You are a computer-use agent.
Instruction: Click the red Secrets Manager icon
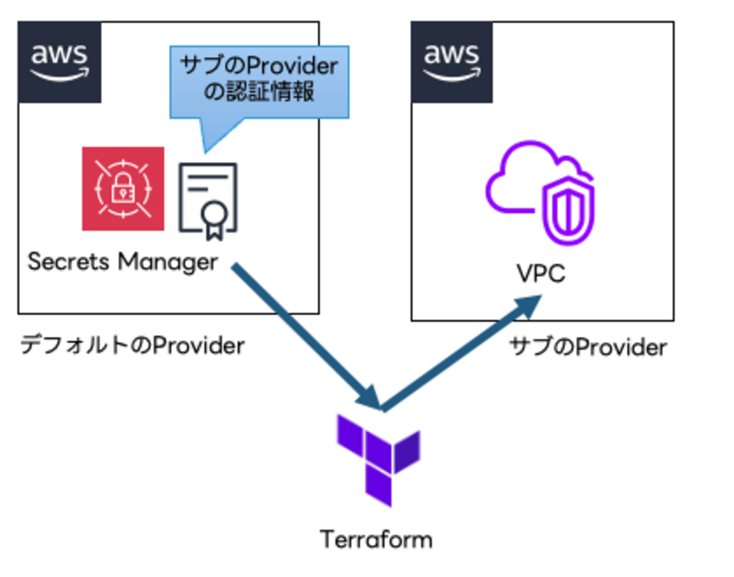point(123,189)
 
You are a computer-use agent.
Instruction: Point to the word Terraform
point(376,540)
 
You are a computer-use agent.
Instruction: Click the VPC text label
point(541,274)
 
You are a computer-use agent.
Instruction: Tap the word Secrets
point(68,262)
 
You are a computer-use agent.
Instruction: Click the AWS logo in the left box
point(59,62)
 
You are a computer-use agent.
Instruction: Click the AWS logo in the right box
point(451,62)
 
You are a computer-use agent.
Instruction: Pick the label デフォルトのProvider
point(132,345)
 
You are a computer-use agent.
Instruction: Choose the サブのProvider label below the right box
point(588,346)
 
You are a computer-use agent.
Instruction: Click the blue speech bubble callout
point(259,82)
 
